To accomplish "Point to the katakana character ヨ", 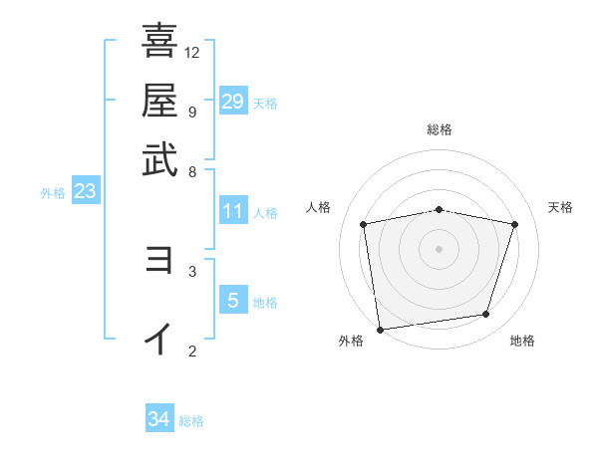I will tap(159, 260).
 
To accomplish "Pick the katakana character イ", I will tap(159, 339).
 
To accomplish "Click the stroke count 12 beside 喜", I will tap(192, 52).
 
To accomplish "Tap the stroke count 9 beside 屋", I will tap(191, 112).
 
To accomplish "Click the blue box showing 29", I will tap(233, 102).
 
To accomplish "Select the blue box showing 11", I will tap(233, 211).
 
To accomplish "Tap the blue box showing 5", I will tap(233, 300).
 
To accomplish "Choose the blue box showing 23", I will tap(85, 192).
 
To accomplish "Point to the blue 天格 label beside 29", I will tap(265, 104).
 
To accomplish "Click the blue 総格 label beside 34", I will tap(191, 421).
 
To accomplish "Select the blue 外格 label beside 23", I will tap(53, 194).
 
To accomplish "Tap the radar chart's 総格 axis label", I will tap(440, 129).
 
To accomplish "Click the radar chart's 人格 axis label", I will tap(319, 207).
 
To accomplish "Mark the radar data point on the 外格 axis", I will tap(380, 329).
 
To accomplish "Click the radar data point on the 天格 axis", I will tap(515, 224).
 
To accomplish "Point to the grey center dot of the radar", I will tap(440, 248).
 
